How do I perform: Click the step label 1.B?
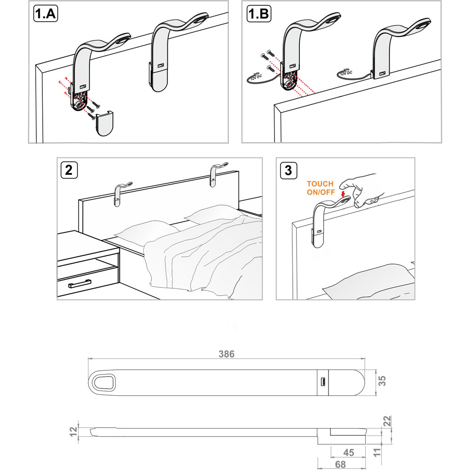click(x=258, y=14)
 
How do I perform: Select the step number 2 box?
click(x=69, y=170)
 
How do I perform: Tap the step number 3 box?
click(x=288, y=170)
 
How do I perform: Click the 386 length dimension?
click(x=227, y=353)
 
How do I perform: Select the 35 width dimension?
click(x=383, y=381)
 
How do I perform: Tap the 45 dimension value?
click(x=348, y=453)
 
